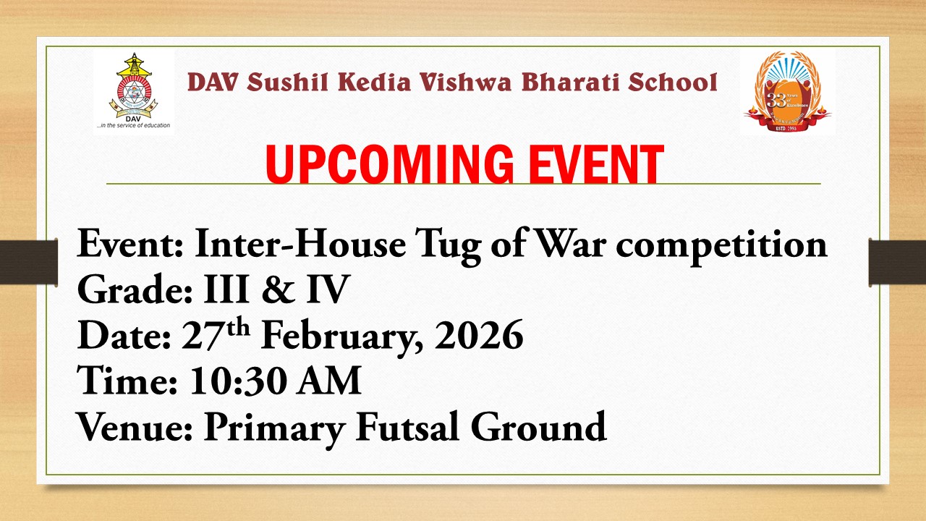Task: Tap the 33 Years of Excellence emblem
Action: click(x=787, y=92)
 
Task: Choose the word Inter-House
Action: click(x=300, y=245)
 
